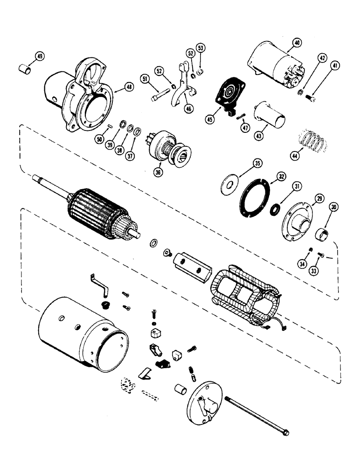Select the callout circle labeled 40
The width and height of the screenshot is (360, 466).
pos(295,44)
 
